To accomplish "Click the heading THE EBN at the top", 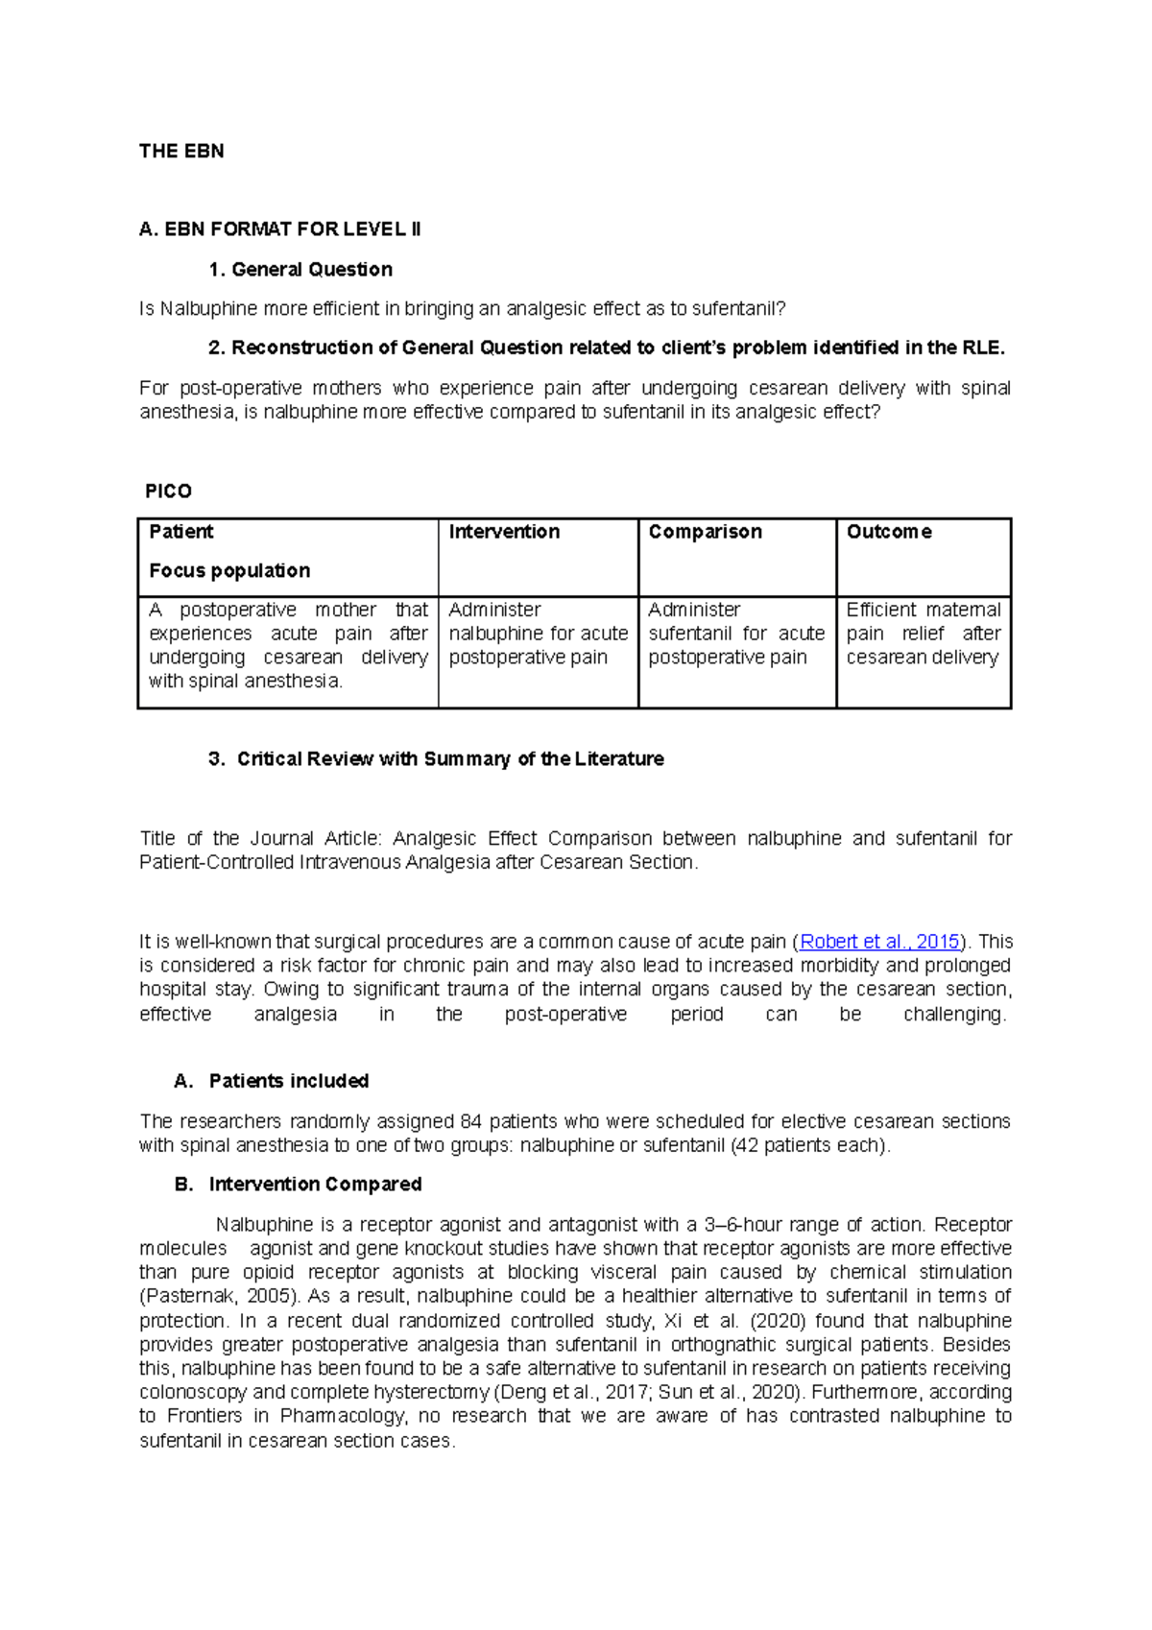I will [x=181, y=151].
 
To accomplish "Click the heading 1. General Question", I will [x=300, y=270].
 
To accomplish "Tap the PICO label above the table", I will [x=168, y=491].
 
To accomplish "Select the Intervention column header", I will [x=504, y=532].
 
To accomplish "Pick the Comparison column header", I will [x=705, y=532].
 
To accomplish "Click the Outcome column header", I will [x=889, y=532].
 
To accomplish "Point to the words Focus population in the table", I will [x=229, y=571].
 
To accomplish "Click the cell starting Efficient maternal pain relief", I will [x=923, y=634].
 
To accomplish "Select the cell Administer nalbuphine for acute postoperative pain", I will [x=538, y=634].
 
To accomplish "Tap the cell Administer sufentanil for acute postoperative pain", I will [x=736, y=634].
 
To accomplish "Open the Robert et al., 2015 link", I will [x=879, y=942].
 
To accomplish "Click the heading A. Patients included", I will [x=272, y=1081].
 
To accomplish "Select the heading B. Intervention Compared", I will [x=299, y=1185].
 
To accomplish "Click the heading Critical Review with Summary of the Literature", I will [x=450, y=759].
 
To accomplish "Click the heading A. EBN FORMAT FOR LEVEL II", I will [x=279, y=229].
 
